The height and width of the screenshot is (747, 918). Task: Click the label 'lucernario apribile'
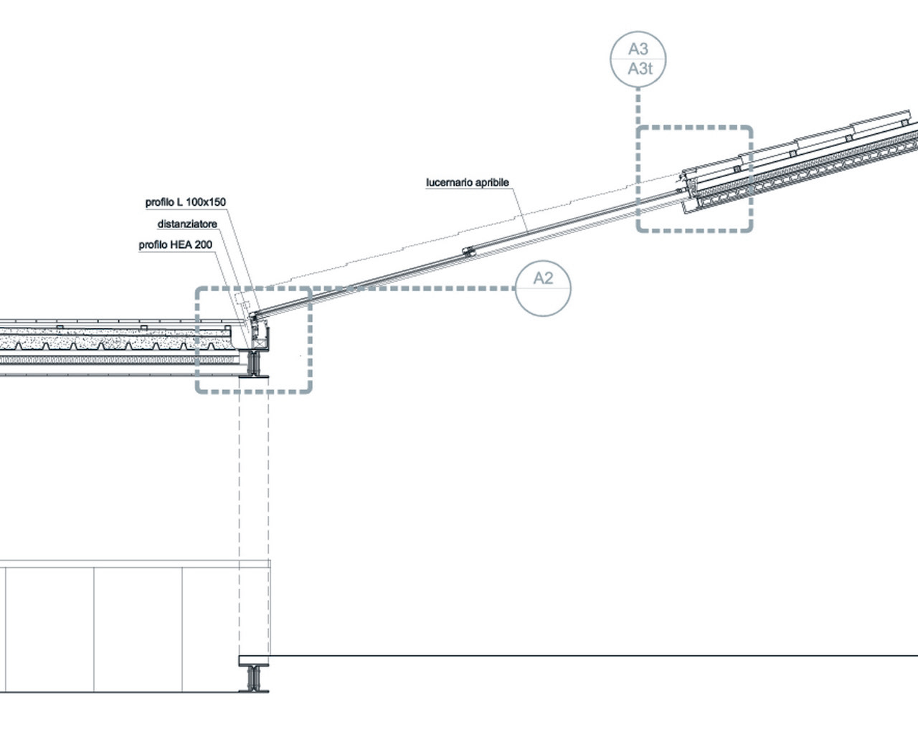click(468, 183)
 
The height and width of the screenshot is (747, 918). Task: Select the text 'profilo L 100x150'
click(186, 203)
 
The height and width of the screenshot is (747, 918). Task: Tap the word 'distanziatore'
click(187, 224)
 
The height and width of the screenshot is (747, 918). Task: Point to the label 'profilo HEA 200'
click(176, 245)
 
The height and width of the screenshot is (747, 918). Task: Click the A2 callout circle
click(543, 288)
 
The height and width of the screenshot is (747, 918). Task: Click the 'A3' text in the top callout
click(638, 49)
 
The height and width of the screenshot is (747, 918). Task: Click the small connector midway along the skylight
click(468, 251)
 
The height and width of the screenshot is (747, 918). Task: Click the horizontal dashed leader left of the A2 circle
click(430, 289)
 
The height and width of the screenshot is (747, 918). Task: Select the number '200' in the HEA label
click(202, 245)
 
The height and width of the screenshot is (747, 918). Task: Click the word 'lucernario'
click(449, 183)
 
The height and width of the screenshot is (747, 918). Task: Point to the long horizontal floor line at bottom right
click(595, 656)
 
